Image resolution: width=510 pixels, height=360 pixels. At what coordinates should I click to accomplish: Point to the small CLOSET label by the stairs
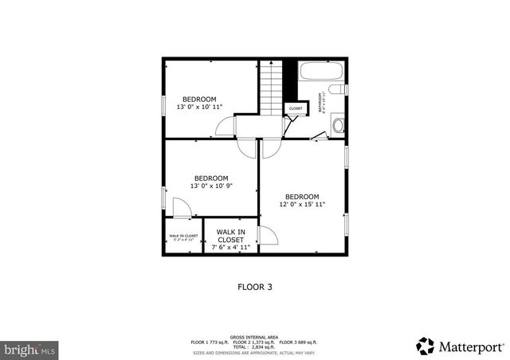tap(295, 108)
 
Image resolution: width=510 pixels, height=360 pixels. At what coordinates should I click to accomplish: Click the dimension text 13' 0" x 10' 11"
tap(198, 107)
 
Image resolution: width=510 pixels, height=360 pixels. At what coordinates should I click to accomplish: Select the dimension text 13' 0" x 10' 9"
tap(211, 186)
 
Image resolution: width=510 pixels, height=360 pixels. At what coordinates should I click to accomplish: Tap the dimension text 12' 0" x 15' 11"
tap(302, 205)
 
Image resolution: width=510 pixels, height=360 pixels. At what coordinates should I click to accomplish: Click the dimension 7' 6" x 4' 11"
tap(230, 248)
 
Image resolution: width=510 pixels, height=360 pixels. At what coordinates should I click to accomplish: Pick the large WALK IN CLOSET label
tap(230, 236)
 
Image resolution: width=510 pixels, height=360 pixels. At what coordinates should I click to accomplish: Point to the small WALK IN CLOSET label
tap(183, 236)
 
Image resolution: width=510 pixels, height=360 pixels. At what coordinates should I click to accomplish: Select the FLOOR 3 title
tap(255, 287)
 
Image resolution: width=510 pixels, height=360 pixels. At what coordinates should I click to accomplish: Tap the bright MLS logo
tap(30, 349)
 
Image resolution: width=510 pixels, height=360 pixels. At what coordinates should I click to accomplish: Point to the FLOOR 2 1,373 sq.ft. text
tap(255, 342)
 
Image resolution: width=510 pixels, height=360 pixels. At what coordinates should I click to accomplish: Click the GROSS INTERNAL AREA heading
tap(255, 337)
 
